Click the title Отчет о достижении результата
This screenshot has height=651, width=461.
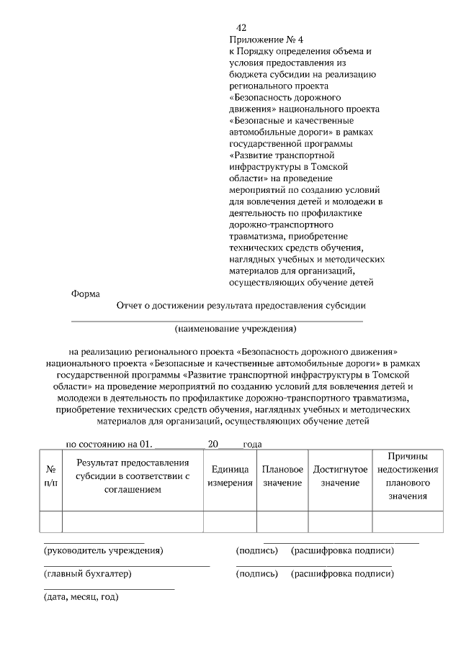click(241, 305)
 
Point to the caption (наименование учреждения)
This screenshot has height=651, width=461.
click(236, 329)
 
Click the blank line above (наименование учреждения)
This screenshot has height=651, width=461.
click(216, 320)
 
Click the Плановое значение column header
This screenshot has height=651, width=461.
click(282, 475)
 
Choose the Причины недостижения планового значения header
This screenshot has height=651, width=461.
click(408, 475)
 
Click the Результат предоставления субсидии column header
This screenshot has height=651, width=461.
click(133, 475)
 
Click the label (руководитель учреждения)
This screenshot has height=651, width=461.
click(103, 551)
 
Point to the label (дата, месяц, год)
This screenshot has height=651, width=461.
click(81, 597)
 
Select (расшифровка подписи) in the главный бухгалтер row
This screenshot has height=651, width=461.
click(342, 574)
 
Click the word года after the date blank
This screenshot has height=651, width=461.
click(252, 445)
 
